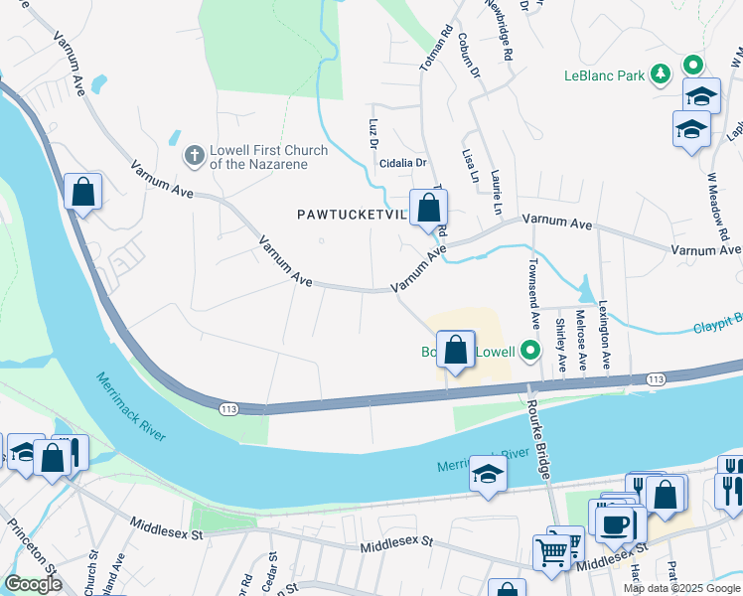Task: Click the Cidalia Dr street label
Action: click(x=399, y=163)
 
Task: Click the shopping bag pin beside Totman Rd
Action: click(x=428, y=209)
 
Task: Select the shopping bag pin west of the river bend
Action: click(x=83, y=191)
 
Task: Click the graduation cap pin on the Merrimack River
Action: click(x=488, y=474)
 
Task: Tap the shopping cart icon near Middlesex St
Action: click(x=551, y=550)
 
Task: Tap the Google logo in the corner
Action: click(x=33, y=584)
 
